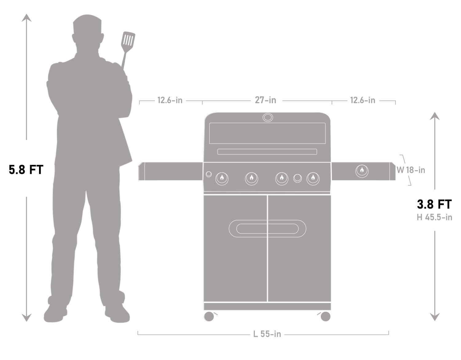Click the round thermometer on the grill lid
(x=267, y=117)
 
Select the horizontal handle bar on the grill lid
(x=267, y=152)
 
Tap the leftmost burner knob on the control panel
(x=222, y=178)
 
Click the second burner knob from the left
(x=251, y=178)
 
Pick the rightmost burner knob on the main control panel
(x=313, y=178)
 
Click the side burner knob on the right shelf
(x=362, y=170)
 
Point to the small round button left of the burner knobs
(x=209, y=174)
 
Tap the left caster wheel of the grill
(x=209, y=316)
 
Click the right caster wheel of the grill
(x=325, y=316)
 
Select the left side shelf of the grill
(x=171, y=171)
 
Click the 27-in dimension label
(x=265, y=100)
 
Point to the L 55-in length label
(x=267, y=334)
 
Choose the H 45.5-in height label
(x=434, y=217)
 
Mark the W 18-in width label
(x=411, y=170)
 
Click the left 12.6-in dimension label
(x=170, y=100)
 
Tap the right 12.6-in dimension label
(x=362, y=100)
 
